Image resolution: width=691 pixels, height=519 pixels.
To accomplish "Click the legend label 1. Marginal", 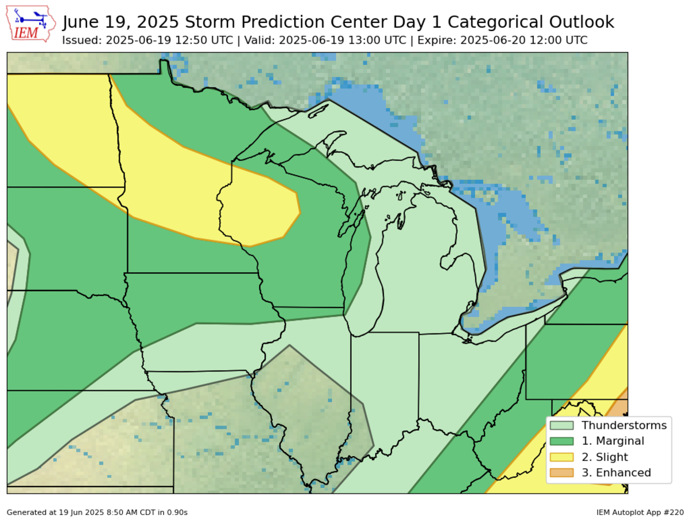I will point(613,441).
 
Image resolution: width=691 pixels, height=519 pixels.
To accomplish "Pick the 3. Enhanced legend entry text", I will point(616,473).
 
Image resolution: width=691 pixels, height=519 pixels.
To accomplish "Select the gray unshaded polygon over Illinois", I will point(311,415).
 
